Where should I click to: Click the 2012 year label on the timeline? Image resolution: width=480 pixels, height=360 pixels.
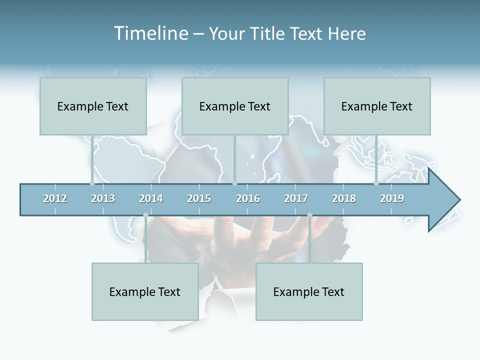click(55, 198)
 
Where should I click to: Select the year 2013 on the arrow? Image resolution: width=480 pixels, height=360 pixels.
click(103, 198)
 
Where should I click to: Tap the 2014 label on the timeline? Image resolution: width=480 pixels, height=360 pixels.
click(151, 198)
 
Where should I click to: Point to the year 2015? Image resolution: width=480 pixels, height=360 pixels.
click(199, 198)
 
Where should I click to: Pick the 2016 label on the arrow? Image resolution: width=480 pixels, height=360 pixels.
click(248, 198)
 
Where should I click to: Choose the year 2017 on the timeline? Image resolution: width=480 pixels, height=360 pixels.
click(296, 198)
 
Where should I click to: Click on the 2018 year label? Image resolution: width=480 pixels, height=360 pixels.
click(344, 198)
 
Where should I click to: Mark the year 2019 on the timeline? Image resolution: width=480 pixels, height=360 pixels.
click(392, 198)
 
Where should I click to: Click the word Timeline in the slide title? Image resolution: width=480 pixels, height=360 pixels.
click(150, 33)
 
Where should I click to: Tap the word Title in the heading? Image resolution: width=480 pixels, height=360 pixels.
click(268, 33)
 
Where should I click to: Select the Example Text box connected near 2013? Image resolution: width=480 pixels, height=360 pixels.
click(93, 106)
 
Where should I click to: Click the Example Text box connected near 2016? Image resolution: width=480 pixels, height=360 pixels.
click(235, 106)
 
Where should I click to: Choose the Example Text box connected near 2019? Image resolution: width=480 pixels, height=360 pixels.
click(377, 106)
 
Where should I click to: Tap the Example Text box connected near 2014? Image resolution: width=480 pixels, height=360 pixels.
click(145, 291)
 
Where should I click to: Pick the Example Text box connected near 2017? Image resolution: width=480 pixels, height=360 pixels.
click(309, 291)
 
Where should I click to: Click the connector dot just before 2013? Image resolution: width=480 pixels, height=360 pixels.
click(92, 183)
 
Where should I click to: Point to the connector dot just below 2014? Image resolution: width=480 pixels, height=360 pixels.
click(145, 215)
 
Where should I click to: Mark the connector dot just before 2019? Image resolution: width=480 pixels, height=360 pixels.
click(376, 183)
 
